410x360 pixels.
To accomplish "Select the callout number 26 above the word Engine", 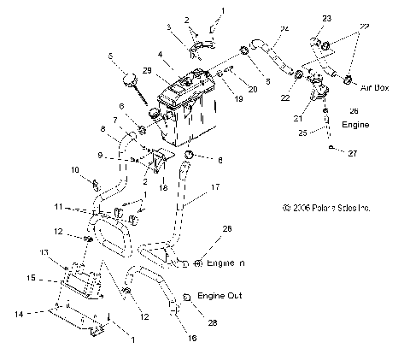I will pyautogui.click(x=354, y=111).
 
